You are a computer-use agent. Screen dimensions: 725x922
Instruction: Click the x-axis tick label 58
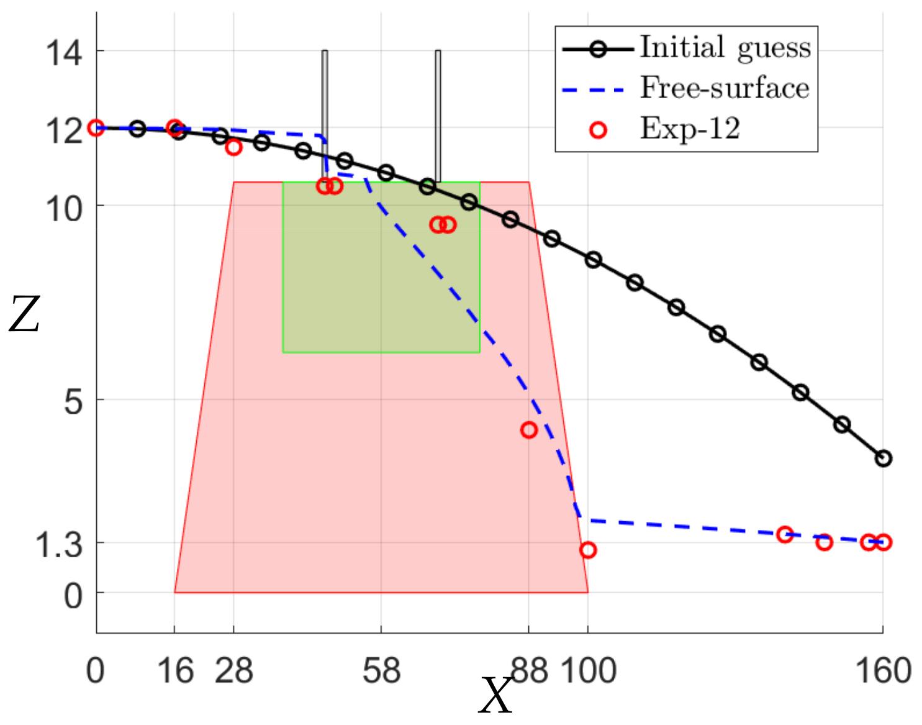tap(381, 672)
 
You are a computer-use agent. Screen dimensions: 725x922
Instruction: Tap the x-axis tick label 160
tap(883, 672)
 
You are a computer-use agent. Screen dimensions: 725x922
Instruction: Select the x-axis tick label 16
tap(175, 672)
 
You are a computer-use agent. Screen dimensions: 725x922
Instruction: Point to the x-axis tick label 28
tap(234, 672)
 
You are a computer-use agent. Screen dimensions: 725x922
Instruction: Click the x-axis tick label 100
tap(589, 672)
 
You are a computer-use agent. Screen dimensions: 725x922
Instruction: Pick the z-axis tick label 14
tap(63, 52)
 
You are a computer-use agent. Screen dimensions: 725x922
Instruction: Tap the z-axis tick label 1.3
tap(58, 545)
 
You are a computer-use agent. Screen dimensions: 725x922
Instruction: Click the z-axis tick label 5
tap(73, 402)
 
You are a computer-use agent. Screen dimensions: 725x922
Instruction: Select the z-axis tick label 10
tap(63, 209)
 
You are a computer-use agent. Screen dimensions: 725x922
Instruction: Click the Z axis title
tap(24, 315)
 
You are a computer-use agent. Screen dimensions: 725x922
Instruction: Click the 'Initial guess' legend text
tap(725, 48)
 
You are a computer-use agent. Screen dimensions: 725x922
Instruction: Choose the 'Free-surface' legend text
tap(725, 88)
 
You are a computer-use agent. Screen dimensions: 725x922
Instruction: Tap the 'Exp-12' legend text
tap(690, 129)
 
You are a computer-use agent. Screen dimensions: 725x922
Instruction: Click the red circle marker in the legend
tap(598, 130)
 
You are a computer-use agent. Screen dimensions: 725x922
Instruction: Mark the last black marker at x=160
tap(883, 458)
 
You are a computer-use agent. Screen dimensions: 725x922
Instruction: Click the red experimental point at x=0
tap(96, 128)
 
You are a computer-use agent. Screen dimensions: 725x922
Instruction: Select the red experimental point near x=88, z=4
tap(528, 430)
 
